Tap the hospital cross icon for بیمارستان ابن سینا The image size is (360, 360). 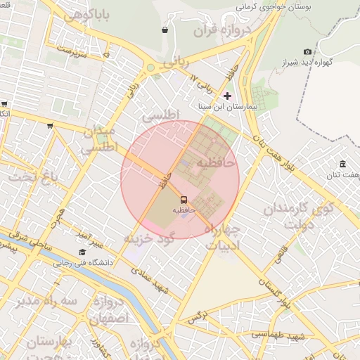click(x=226, y=95)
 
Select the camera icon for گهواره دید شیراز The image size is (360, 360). click(x=307, y=51)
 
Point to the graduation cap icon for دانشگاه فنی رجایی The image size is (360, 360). click(x=82, y=252)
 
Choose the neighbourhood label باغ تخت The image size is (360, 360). click(x=31, y=176)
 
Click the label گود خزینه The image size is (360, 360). click(x=148, y=238)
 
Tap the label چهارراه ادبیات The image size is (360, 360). click(x=224, y=238)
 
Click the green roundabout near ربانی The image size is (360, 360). click(x=150, y=68)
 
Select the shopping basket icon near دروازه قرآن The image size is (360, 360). click(x=165, y=30)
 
